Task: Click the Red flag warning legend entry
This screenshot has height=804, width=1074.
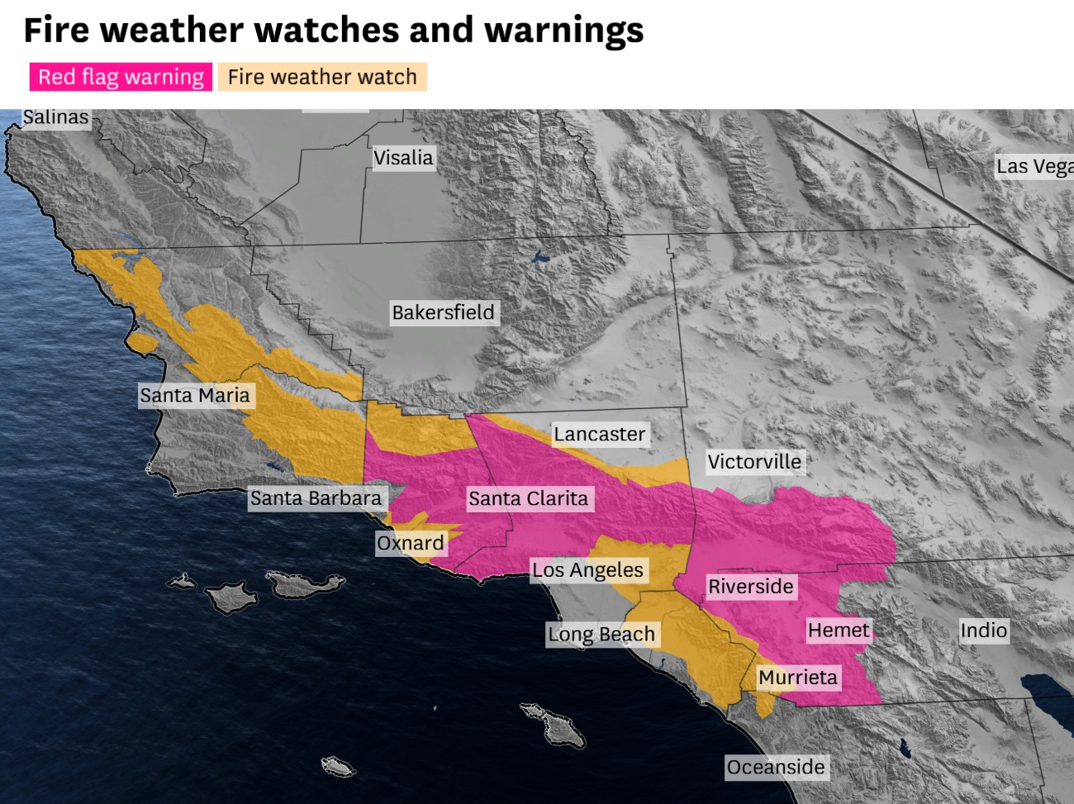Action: pyautogui.click(x=121, y=77)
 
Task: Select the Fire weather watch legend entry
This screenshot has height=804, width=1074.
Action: pyautogui.click(x=322, y=77)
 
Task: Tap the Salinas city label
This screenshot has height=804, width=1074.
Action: pyautogui.click(x=55, y=117)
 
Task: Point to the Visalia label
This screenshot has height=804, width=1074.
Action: pyautogui.click(x=403, y=158)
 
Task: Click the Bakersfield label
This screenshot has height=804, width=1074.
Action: pyautogui.click(x=443, y=312)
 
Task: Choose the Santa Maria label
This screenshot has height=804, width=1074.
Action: pyautogui.click(x=195, y=396)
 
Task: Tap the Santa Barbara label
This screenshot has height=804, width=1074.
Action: pyautogui.click(x=316, y=498)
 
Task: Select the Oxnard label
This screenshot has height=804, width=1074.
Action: pyautogui.click(x=411, y=543)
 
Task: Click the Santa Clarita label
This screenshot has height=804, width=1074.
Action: pyautogui.click(x=529, y=498)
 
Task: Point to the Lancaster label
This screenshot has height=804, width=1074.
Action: pyautogui.click(x=600, y=434)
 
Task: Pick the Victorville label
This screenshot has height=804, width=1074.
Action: pyautogui.click(x=754, y=462)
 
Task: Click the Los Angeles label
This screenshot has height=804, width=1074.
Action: pyautogui.click(x=587, y=570)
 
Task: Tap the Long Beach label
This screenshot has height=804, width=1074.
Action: pyautogui.click(x=601, y=635)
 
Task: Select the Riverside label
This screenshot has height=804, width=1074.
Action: pyautogui.click(x=751, y=587)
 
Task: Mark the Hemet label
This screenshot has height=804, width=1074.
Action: pyautogui.click(x=839, y=630)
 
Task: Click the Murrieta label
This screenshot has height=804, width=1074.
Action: pyautogui.click(x=798, y=678)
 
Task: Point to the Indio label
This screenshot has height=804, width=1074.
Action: pyautogui.click(x=984, y=630)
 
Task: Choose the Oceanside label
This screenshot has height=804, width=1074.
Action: pyautogui.click(x=776, y=768)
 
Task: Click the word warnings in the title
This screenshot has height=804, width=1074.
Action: pyautogui.click(x=563, y=30)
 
